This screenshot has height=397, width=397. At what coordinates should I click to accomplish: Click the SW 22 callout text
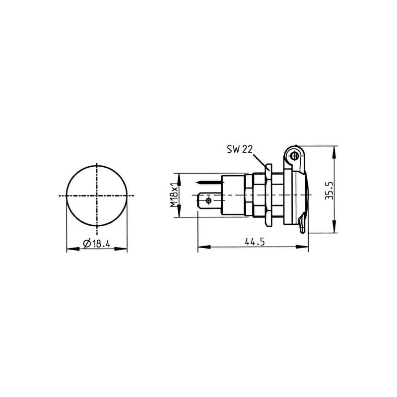click(x=240, y=149)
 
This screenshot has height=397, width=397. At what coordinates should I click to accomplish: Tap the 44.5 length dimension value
click(x=255, y=242)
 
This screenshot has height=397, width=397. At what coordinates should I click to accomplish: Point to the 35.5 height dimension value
click(x=329, y=191)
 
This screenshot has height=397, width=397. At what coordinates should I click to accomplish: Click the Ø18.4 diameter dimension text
click(x=97, y=244)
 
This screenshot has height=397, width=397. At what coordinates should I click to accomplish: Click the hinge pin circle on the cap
click(x=294, y=156)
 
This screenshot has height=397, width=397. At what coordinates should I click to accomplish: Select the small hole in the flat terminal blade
click(x=208, y=201)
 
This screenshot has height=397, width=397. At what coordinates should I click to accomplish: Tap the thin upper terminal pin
click(x=209, y=182)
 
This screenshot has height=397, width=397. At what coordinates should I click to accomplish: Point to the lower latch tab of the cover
click(x=302, y=225)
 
